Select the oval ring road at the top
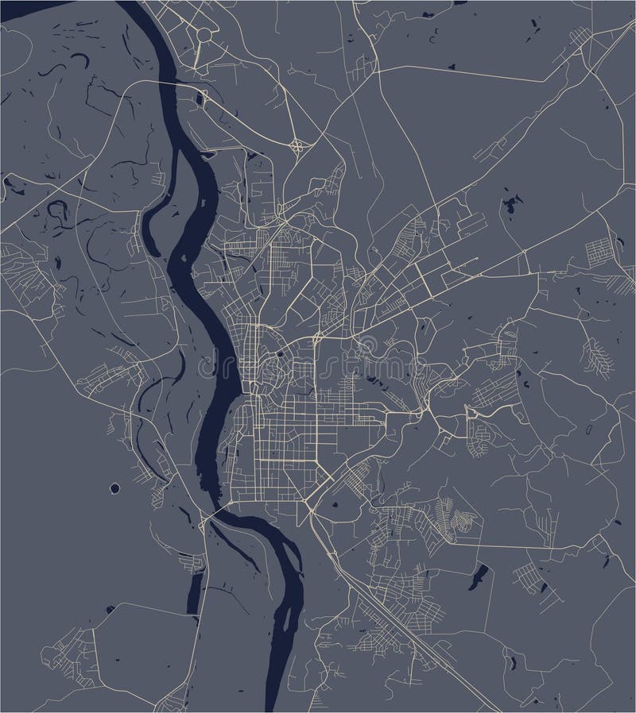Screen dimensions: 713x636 tap(204, 35)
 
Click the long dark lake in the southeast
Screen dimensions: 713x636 tap(479, 573)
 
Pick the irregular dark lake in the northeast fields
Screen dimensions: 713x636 tap(506, 206)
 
